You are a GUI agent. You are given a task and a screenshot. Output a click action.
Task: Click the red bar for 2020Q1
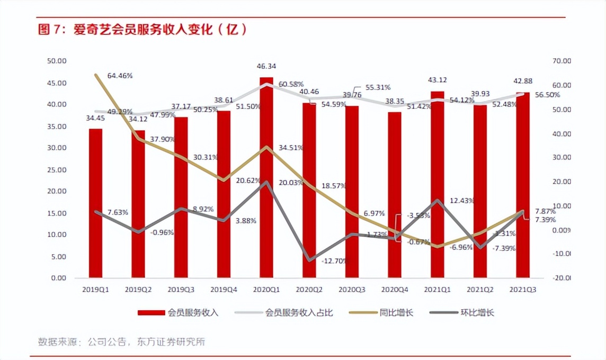266,180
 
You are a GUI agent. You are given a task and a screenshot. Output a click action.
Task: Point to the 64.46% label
120,76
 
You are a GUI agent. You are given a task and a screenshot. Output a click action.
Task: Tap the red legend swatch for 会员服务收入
151,313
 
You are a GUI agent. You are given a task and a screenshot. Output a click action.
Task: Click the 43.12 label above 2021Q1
437,80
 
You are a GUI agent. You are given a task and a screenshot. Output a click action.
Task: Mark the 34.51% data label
291,148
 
